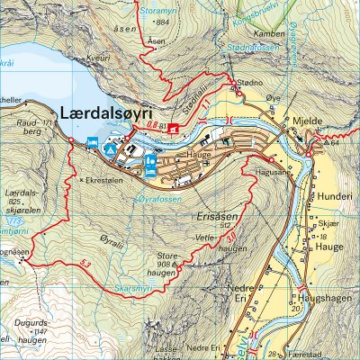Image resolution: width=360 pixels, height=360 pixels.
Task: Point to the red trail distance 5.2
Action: (x=85, y=263)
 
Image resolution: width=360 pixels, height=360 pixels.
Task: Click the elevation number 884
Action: (x=162, y=21)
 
